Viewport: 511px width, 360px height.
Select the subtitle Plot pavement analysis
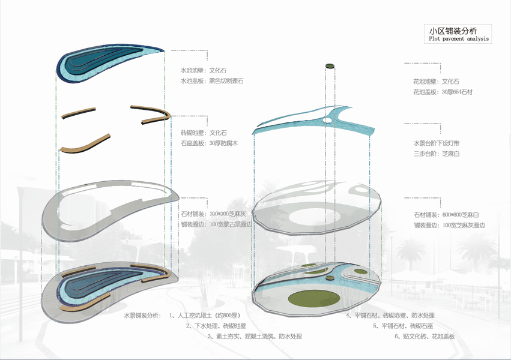458,39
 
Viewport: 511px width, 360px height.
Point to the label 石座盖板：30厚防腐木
208,143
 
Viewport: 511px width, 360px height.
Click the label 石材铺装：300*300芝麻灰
211,214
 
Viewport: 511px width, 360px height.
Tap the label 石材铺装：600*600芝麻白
445,214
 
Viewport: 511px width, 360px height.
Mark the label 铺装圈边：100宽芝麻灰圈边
449,225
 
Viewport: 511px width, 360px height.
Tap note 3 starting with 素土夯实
255,337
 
